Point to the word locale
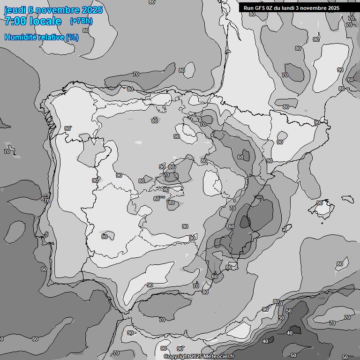click(x=45, y=21)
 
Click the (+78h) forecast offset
click(x=81, y=21)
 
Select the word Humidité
click(x=20, y=37)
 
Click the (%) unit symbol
click(x=72, y=37)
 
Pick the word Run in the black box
click(x=248, y=8)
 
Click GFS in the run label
click(x=260, y=8)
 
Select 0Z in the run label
click(x=271, y=8)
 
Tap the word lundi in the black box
click(x=292, y=8)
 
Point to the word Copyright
click(x=177, y=357)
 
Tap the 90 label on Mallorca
click(x=320, y=203)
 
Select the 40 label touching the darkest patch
click(x=289, y=333)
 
